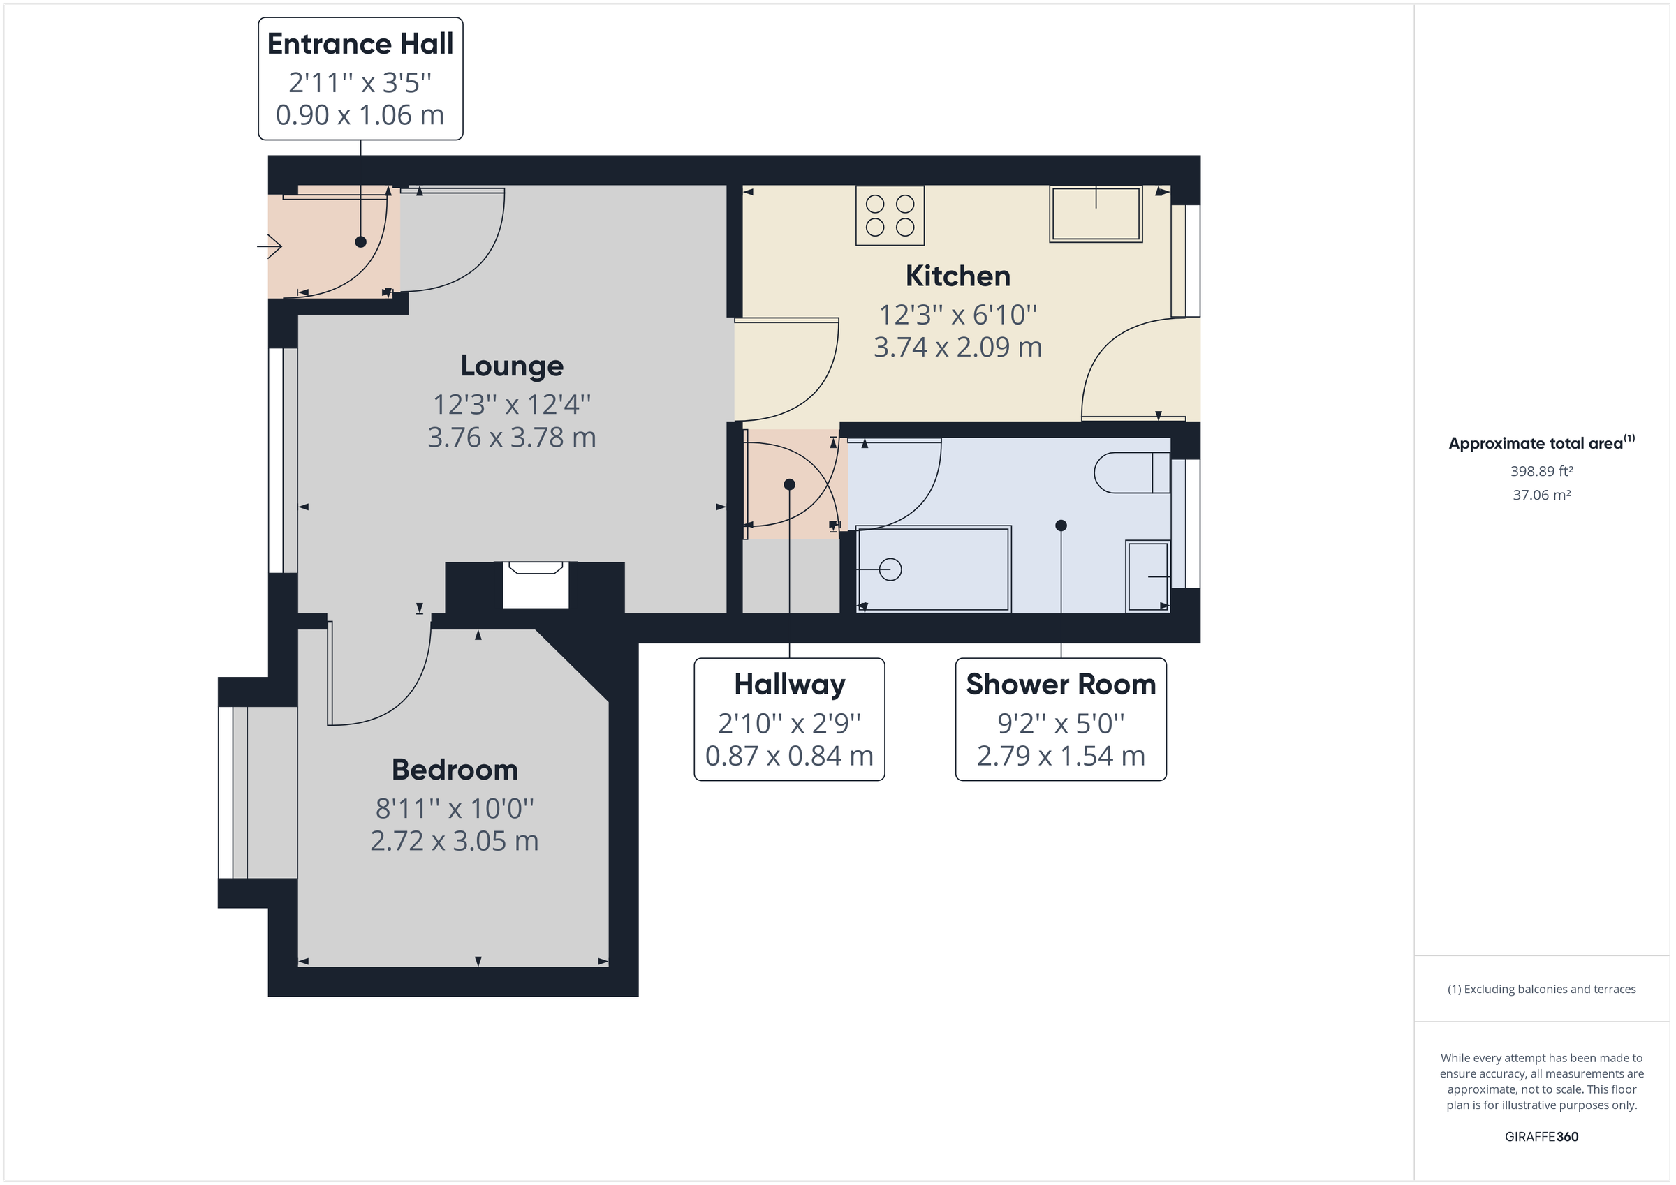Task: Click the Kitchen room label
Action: (957, 276)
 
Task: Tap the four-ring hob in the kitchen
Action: (889, 215)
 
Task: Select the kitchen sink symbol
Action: (1095, 214)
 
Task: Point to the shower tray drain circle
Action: (890, 569)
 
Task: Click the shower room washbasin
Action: (1147, 576)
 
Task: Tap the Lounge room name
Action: (511, 366)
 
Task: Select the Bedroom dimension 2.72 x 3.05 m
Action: (454, 840)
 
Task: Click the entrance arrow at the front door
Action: (270, 246)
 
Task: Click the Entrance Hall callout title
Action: (360, 45)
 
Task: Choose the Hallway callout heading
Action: (789, 685)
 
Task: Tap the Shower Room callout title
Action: (1060, 685)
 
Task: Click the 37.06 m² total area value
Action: (1541, 495)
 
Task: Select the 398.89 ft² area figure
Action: (1541, 471)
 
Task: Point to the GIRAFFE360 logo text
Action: (1541, 1136)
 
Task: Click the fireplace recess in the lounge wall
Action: (535, 586)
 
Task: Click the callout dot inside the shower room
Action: (1061, 526)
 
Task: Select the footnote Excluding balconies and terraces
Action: (1541, 989)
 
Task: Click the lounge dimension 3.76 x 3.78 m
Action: (511, 438)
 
